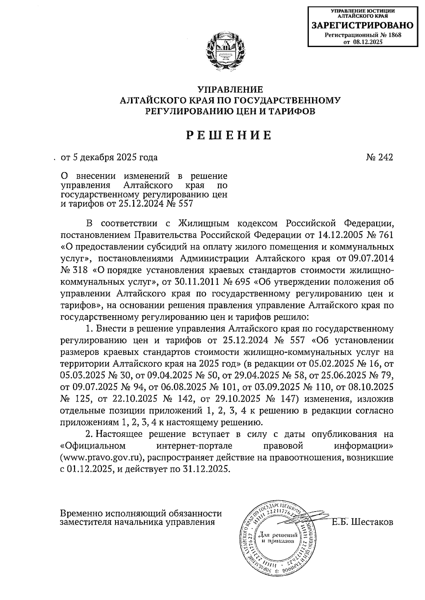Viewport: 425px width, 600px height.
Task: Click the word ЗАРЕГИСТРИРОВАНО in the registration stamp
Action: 362,25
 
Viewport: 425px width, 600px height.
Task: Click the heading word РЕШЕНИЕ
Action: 229,135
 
